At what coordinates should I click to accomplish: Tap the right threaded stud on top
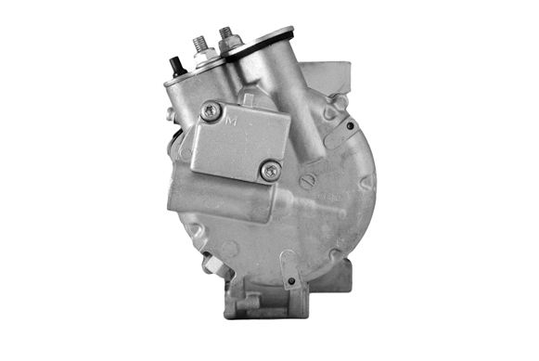click(225, 34)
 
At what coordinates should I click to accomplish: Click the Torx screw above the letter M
click(211, 112)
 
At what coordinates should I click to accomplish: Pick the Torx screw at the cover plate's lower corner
click(270, 170)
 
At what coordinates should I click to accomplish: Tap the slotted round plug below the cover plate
click(307, 179)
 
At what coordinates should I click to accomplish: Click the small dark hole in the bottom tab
click(290, 280)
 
